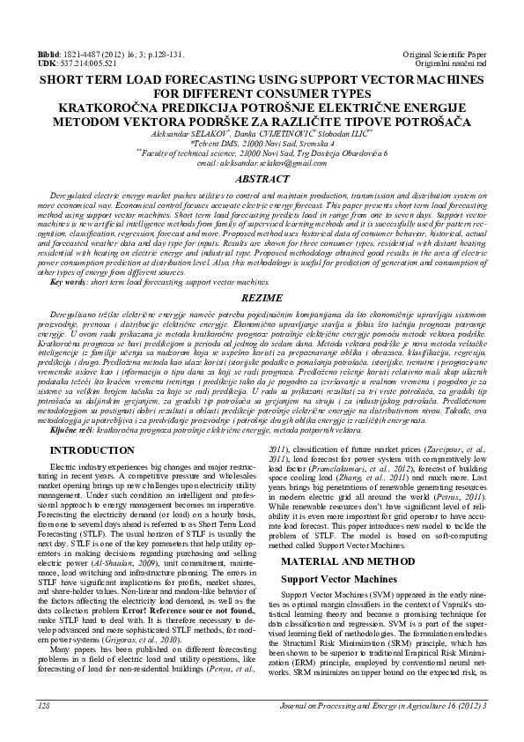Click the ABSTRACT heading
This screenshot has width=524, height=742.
[262, 179]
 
